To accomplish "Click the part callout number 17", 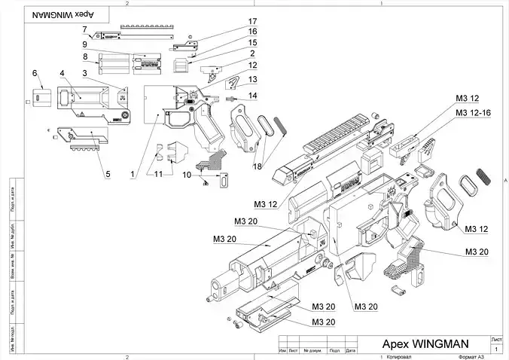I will click(253, 21).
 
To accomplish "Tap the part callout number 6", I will click(34, 72).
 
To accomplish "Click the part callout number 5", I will click(108, 174).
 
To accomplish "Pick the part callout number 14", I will click(253, 96).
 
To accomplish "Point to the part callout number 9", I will click(86, 44).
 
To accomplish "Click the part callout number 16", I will click(253, 32).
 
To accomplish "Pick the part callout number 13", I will click(253, 79).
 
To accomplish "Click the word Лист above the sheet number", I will click(496, 340).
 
